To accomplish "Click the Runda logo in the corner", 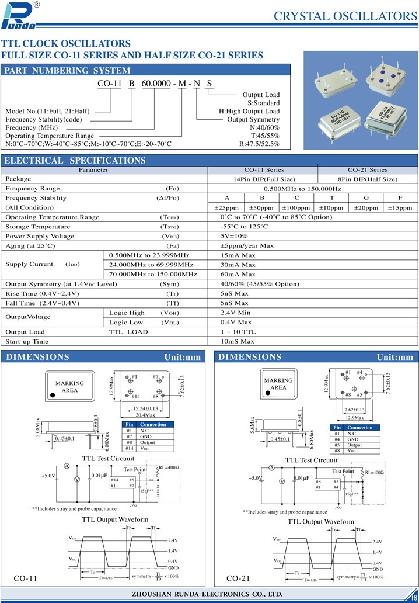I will coord(19,15).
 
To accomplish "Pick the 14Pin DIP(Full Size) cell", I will coord(263,179).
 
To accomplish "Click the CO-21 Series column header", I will coord(368,169).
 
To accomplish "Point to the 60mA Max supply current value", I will coord(238,274).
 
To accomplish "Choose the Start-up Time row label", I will coord(27,341).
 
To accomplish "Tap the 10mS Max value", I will coord(237,341).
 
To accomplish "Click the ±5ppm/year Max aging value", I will coord(247,245).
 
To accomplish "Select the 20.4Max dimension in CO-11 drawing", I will coord(145,415).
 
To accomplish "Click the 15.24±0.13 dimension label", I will coord(146,408).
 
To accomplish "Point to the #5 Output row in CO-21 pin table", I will coord(355,445).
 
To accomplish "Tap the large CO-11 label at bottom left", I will coord(25,578).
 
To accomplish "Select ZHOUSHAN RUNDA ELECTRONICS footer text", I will coord(209,594).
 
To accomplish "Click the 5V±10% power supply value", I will coord(234,236).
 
